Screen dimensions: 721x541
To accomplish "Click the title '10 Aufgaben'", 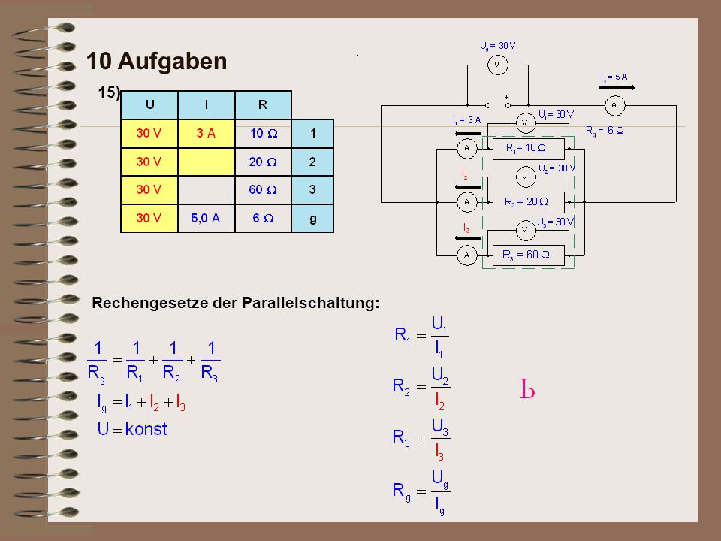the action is [x=156, y=61].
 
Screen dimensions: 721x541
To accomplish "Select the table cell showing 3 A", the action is [x=206, y=134].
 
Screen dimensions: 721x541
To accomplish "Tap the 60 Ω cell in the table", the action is [x=263, y=189].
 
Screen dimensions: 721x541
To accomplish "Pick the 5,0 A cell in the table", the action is [x=206, y=218].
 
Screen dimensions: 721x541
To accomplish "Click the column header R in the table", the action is [x=263, y=105].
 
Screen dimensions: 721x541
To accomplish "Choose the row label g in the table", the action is [x=312, y=218].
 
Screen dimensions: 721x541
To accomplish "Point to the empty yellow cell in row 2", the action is [x=206, y=162].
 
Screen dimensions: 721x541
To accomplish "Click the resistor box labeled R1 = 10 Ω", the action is [x=528, y=149].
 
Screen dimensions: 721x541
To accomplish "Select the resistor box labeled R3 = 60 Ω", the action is [x=528, y=255].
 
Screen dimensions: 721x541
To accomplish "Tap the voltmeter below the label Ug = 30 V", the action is [x=497, y=65].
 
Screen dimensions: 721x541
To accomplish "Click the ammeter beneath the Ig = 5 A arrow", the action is [x=615, y=106].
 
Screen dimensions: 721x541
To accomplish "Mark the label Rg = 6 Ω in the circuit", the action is [x=605, y=131].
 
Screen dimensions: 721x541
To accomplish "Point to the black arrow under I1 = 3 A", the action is [x=468, y=134].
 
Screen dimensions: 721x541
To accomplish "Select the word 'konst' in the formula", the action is [x=146, y=429].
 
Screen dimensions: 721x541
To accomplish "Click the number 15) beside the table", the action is [x=108, y=92].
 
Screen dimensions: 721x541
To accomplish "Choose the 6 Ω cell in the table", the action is [x=263, y=218].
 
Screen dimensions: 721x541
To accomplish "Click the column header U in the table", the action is [x=149, y=105].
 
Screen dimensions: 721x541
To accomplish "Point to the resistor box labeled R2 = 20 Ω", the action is [x=528, y=202].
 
